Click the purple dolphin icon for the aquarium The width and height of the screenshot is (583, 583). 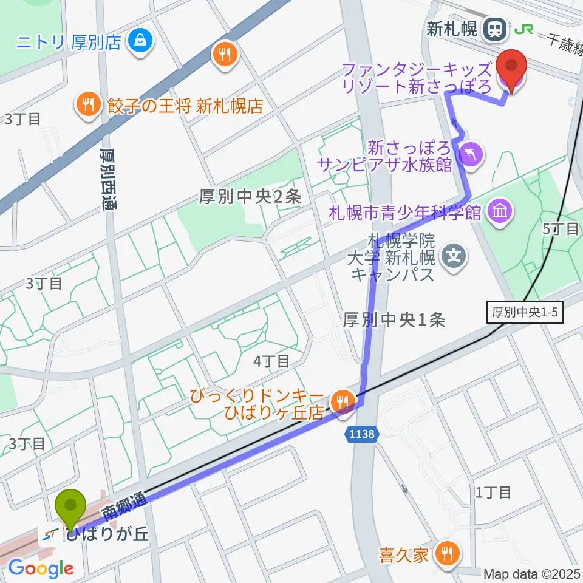[471, 153]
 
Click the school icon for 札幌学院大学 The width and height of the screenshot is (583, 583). [455, 255]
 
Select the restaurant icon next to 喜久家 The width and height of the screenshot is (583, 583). [448, 554]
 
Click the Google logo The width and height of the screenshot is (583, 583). [41, 569]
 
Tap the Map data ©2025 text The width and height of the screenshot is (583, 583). [532, 573]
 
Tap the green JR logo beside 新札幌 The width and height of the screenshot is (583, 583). [523, 29]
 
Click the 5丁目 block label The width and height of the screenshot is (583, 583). [560, 228]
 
